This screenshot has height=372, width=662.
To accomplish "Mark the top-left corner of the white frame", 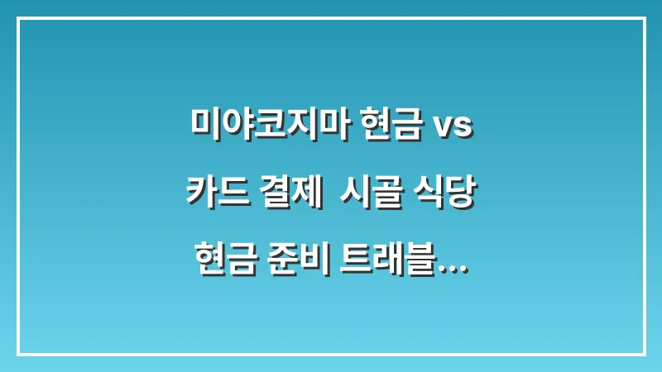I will tap(18, 18).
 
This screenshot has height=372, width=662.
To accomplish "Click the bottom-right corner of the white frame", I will tap(644, 354).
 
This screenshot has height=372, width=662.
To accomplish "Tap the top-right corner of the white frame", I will tap(644, 18).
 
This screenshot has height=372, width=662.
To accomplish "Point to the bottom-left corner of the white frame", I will tap(18, 354).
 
